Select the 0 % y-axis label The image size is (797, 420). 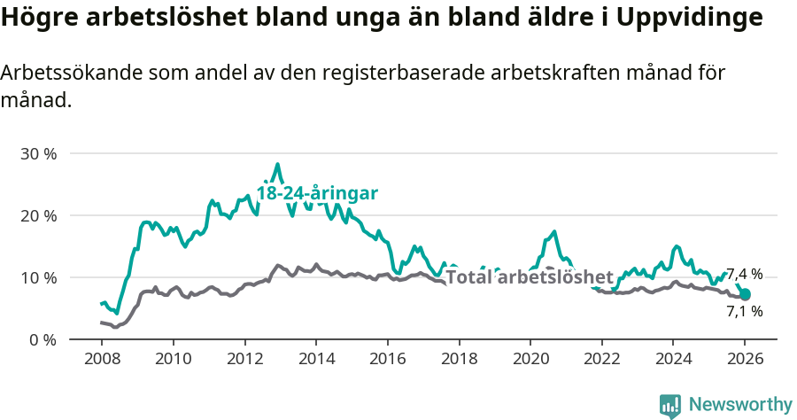(43, 339)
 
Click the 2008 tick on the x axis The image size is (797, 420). (101, 361)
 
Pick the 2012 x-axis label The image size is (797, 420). (244, 361)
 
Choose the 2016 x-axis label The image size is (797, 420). (387, 361)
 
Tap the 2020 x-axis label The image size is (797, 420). (530, 361)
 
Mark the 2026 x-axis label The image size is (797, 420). (744, 361)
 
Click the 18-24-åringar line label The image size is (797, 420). (317, 193)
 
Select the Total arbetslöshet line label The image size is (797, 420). (529, 276)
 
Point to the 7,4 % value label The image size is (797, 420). (744, 275)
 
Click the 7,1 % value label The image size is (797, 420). (744, 311)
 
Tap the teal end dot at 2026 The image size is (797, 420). (745, 294)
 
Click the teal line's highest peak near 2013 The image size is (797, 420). (277, 164)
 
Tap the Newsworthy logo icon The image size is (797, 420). (670, 406)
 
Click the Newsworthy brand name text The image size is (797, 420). (740, 405)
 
